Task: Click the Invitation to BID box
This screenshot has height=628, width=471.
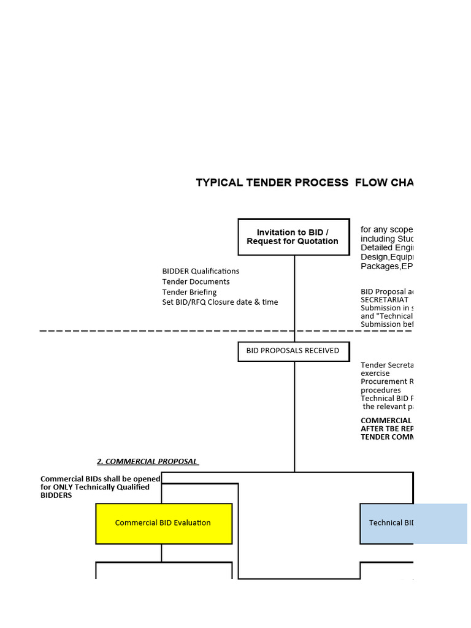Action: tap(293, 237)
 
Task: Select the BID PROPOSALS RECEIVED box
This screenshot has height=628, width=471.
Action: tap(293, 351)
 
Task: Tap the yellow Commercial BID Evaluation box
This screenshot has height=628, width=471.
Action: tap(164, 523)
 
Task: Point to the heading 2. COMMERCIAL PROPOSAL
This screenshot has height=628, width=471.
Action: tap(147, 461)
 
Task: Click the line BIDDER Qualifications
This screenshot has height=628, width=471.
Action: tap(201, 271)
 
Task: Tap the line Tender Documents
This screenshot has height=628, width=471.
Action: tap(196, 281)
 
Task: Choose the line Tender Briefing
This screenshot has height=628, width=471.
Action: tap(189, 292)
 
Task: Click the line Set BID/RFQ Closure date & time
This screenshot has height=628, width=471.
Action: tap(220, 302)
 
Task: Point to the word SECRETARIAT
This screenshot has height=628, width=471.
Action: tap(384, 300)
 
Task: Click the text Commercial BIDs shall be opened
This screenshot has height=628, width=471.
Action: tap(100, 479)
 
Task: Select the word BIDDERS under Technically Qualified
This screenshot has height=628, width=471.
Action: tap(56, 496)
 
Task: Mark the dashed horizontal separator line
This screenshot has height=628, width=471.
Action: tap(184, 331)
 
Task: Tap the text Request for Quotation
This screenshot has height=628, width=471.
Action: tap(293, 242)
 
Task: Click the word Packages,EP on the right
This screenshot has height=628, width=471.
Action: tap(386, 267)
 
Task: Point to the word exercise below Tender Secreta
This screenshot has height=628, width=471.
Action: tap(375, 373)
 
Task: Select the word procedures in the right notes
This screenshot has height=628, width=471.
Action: tap(380, 390)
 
